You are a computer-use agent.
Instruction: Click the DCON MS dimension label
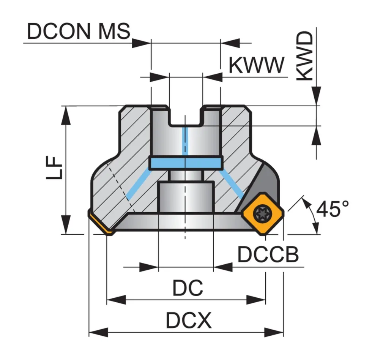click(x=79, y=31)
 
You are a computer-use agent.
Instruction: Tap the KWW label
click(x=257, y=65)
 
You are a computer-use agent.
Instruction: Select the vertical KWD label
click(x=305, y=56)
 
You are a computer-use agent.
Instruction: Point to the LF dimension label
click(x=54, y=167)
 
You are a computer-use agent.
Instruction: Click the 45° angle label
click(x=333, y=208)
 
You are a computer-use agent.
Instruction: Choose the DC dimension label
click(x=188, y=287)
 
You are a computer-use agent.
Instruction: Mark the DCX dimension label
click(x=189, y=320)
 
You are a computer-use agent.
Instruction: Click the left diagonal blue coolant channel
click(x=139, y=185)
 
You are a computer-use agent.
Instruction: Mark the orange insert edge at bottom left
click(x=99, y=223)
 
